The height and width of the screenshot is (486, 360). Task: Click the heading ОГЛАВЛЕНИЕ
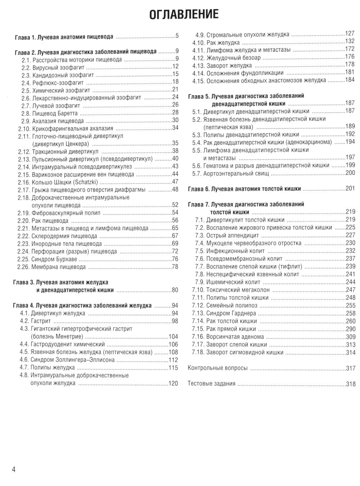[x=183, y=14]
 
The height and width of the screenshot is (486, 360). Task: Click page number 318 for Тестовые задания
[x=350, y=384]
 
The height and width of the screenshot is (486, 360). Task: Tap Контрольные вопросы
[x=218, y=368]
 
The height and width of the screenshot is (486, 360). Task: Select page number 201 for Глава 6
[x=350, y=189]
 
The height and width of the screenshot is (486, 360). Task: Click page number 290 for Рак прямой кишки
[x=350, y=329]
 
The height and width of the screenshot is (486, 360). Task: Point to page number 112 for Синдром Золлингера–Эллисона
[x=173, y=360]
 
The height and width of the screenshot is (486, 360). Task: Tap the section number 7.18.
[x=198, y=353]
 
